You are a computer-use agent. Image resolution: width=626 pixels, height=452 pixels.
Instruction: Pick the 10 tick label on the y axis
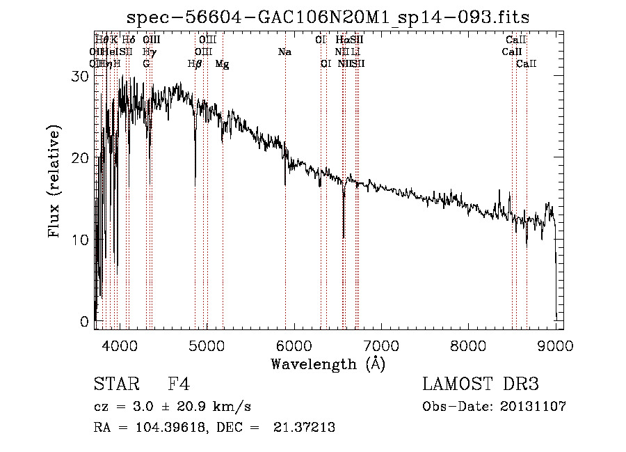point(81,240)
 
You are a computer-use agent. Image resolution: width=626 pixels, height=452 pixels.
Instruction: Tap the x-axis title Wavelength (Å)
point(328,364)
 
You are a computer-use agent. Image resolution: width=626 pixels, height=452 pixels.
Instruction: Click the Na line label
point(284,52)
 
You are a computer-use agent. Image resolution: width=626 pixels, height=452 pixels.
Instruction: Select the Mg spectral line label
point(223,63)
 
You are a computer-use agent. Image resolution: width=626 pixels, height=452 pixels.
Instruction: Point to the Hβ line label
point(195,63)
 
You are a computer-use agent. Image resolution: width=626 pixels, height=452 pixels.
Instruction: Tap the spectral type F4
point(179,385)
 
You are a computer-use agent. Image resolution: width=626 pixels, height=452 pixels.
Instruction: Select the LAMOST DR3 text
point(481,385)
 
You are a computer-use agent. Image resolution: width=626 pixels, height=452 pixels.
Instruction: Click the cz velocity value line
point(172,407)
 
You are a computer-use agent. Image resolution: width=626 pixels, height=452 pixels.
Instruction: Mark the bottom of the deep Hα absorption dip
point(344,237)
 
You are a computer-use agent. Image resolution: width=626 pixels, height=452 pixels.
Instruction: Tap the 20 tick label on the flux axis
point(81,158)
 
